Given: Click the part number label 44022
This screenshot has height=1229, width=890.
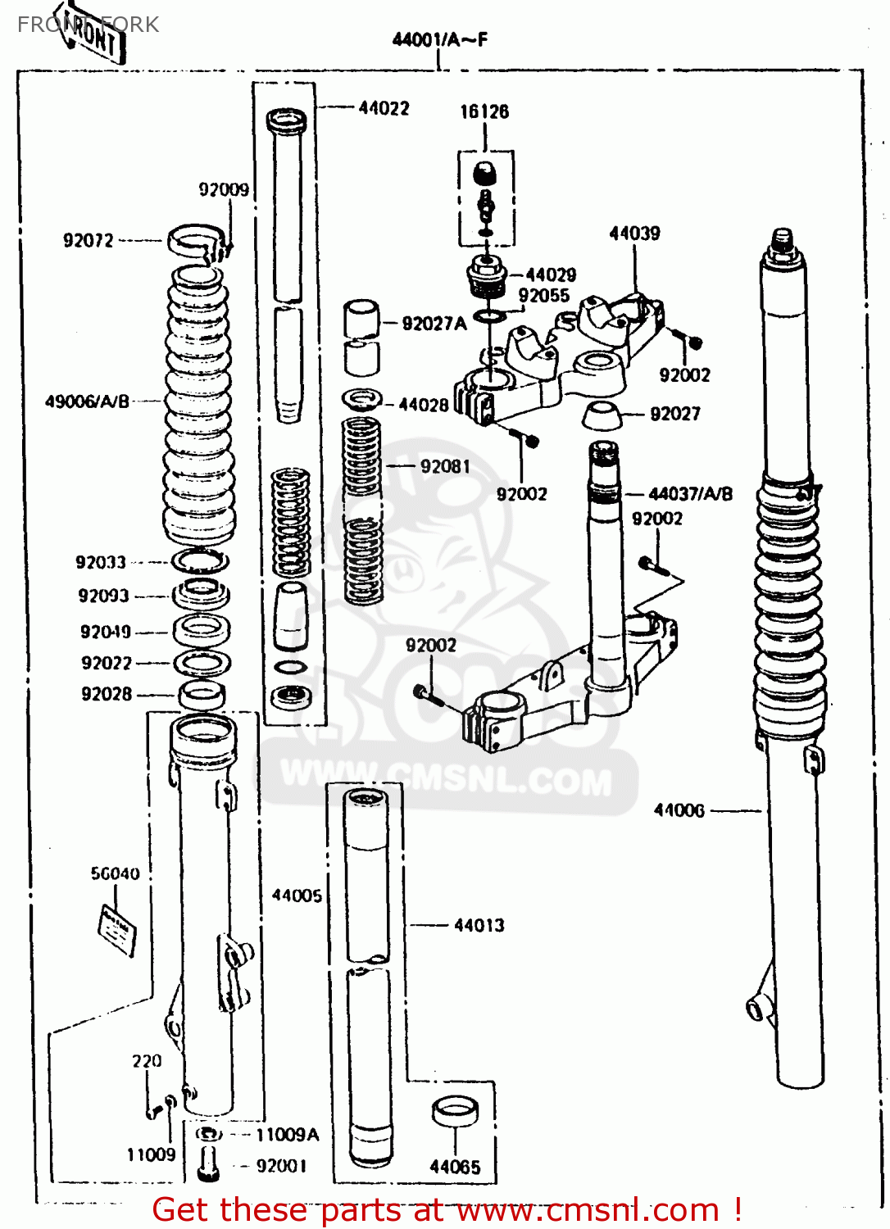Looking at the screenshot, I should point(384,108).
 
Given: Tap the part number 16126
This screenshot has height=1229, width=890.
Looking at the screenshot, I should point(484,111).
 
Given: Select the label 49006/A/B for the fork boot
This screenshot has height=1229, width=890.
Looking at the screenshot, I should point(87,401).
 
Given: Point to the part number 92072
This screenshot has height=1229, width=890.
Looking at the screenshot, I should point(89,240).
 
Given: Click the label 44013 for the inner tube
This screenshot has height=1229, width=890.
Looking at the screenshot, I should point(479,925).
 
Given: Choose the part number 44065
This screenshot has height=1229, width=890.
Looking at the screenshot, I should point(455,1167).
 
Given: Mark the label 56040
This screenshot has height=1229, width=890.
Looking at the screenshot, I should point(115,873).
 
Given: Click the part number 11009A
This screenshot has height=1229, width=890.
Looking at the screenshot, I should point(287,1134).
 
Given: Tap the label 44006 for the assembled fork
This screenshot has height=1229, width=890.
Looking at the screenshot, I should point(679,810).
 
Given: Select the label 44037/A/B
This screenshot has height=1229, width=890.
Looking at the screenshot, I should point(690,494).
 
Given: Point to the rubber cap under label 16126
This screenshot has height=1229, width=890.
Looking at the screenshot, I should point(486,174).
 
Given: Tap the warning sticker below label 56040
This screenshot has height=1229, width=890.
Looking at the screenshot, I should point(117,929).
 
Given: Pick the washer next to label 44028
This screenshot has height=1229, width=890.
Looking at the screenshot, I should point(362,400).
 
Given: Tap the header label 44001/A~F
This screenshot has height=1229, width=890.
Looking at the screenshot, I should point(440,39).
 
